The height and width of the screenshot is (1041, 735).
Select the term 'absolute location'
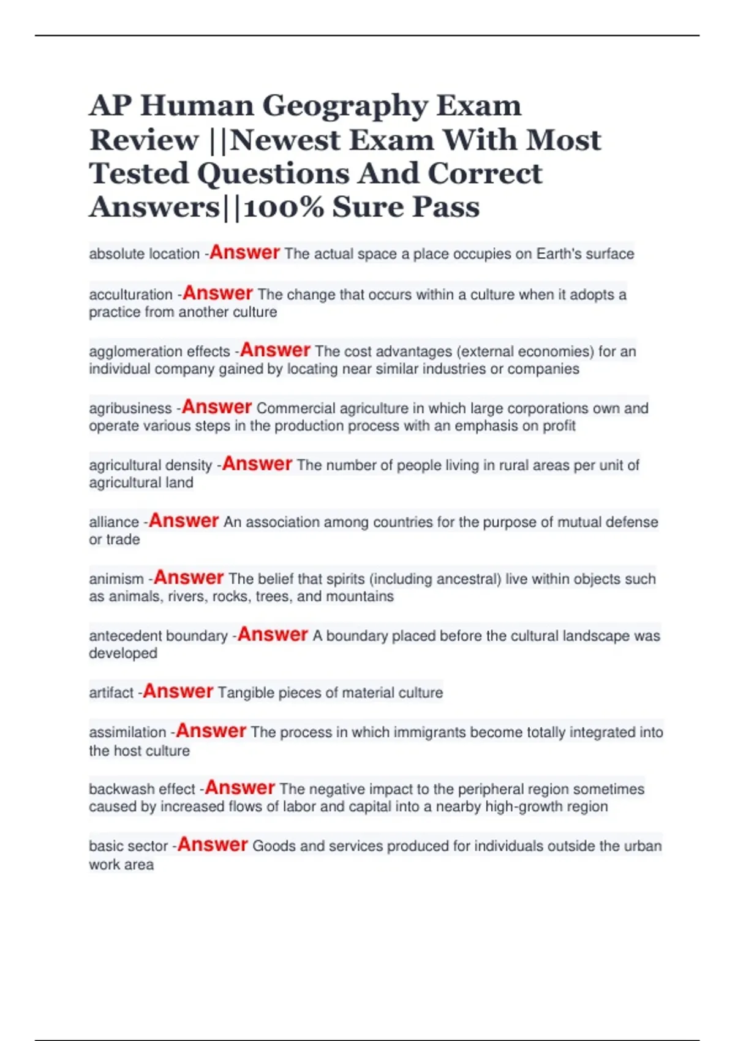click(x=144, y=254)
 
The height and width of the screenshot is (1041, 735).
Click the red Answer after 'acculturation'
click(x=217, y=293)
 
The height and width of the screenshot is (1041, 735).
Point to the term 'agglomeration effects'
click(x=159, y=351)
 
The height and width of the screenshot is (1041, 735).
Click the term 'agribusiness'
click(x=130, y=408)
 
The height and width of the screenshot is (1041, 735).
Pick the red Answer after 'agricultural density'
click(x=257, y=464)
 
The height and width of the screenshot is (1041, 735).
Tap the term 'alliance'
click(x=114, y=522)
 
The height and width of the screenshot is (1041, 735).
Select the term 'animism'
click(x=116, y=579)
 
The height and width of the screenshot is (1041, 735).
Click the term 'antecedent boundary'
click(x=158, y=636)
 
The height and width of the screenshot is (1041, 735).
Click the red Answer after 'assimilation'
click(x=211, y=731)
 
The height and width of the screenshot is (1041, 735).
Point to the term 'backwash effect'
click(x=142, y=789)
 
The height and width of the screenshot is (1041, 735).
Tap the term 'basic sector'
click(x=128, y=846)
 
